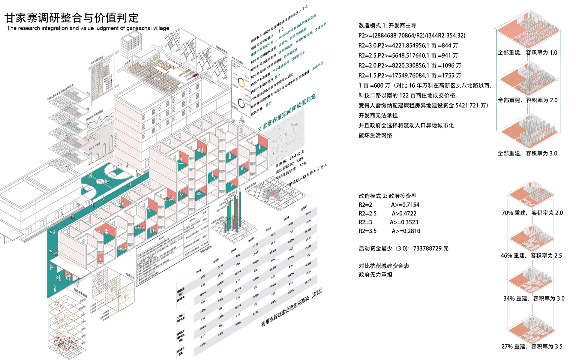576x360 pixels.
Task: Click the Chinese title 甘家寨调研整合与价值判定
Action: coord(71,18)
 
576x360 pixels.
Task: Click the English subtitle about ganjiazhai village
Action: coord(88,28)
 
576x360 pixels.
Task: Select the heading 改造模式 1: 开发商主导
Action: coord(387,25)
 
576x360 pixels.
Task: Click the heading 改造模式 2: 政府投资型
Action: coord(387,196)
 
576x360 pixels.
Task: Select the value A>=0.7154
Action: coord(405,205)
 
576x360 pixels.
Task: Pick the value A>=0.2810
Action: coord(406,231)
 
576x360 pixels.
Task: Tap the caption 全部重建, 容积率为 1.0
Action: coord(527,53)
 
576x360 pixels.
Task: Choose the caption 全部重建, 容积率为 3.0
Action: coord(527,154)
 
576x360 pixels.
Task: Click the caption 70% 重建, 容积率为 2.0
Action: coord(532,213)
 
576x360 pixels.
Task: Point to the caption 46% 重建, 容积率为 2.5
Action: coord(531,256)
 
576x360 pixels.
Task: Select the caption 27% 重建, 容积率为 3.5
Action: coord(532,346)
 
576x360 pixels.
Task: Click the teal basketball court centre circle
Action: coord(99,181)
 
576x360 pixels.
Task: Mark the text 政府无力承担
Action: coord(375,275)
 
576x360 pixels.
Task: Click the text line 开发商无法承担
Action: coord(378,115)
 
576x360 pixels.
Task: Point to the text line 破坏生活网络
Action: coord(375,136)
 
